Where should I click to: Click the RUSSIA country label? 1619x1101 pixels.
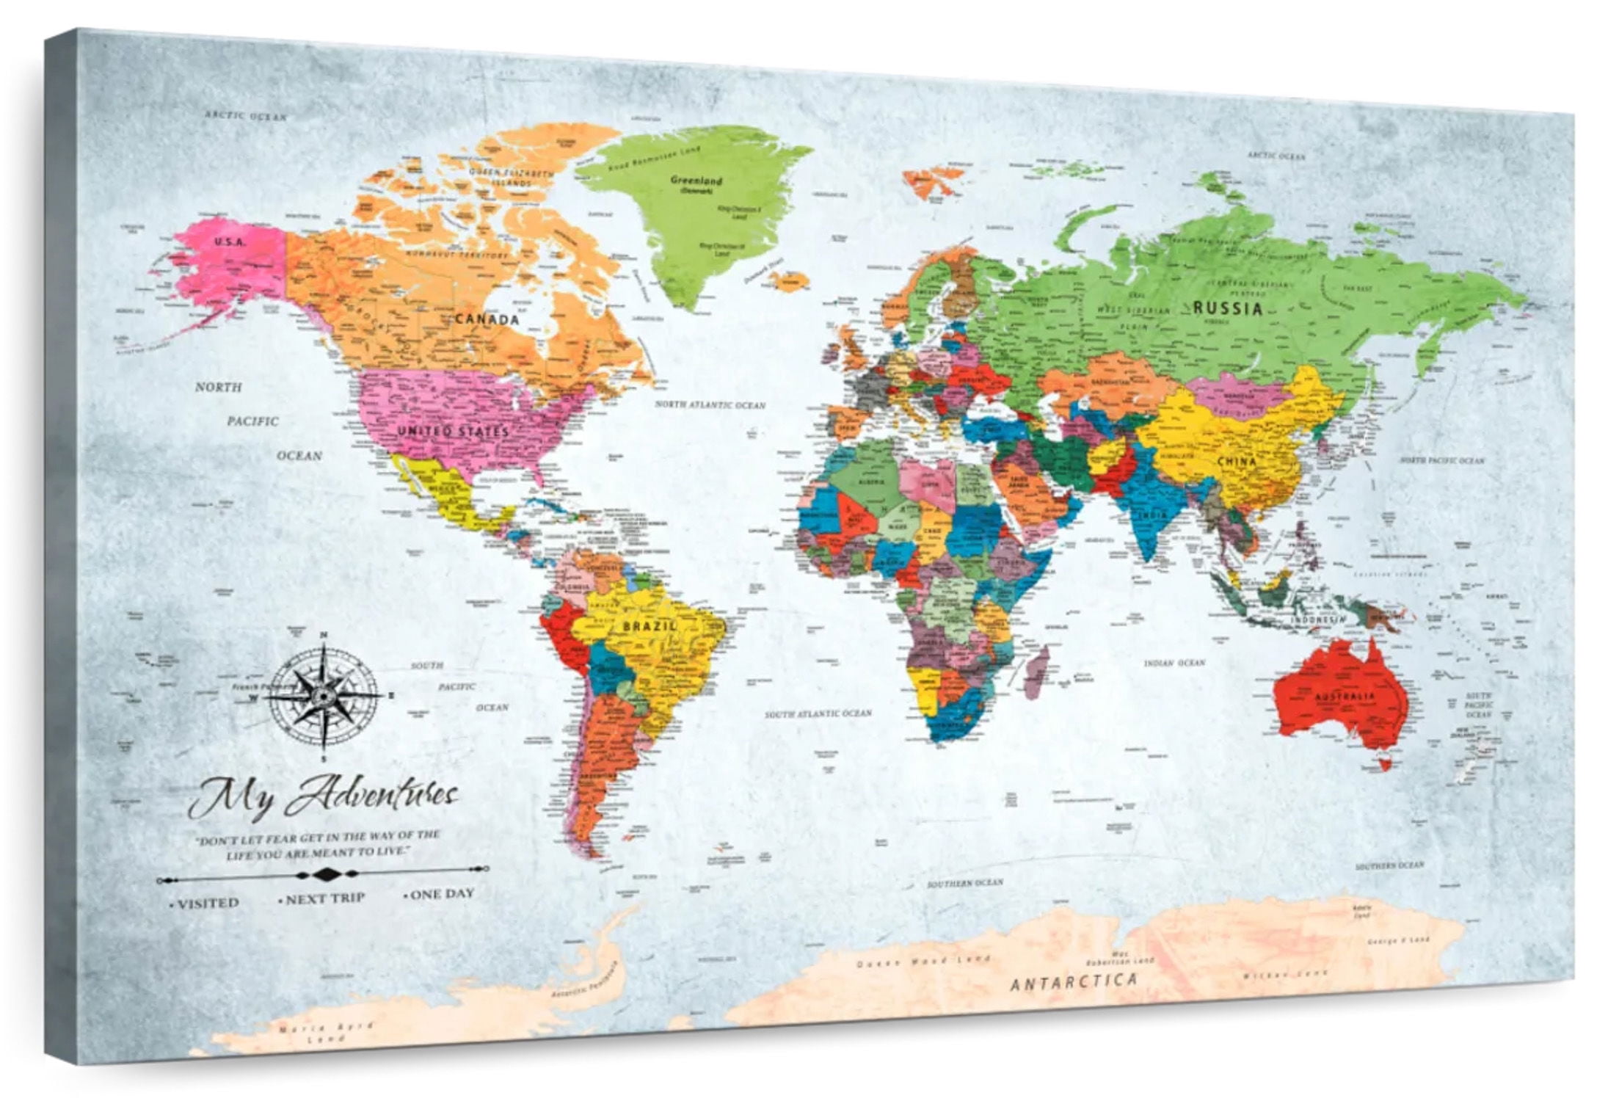(1227, 309)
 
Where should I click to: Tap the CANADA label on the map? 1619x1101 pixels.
(487, 319)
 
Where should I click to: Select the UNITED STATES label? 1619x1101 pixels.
(453, 432)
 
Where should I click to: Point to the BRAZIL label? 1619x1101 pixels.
(650, 626)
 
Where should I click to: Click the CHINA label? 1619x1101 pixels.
(1237, 461)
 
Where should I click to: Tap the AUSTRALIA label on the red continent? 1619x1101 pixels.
(1345, 695)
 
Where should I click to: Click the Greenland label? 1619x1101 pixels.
(696, 180)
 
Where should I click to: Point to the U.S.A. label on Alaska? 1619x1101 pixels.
(230, 241)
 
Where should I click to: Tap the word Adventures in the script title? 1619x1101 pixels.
(372, 797)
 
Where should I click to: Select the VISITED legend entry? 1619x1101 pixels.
(208, 903)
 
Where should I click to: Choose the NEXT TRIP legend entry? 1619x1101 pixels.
(324, 898)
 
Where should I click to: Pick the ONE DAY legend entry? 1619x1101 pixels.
(441, 894)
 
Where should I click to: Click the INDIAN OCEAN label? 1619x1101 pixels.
(1174, 663)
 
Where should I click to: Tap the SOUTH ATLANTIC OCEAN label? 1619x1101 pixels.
(818, 713)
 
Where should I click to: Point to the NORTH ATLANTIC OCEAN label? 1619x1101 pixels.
(710, 404)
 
